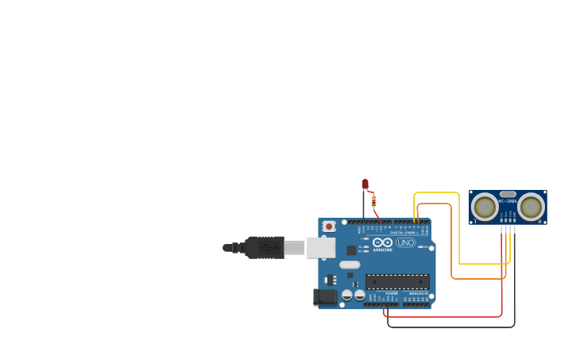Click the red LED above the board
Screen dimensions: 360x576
[365, 184]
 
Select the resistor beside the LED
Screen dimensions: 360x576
[373, 200]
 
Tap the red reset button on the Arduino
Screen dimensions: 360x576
[329, 226]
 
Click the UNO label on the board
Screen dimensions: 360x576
[406, 242]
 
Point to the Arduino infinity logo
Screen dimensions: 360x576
[383, 242]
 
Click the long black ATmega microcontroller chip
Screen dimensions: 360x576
[397, 281]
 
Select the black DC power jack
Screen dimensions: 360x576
[326, 297]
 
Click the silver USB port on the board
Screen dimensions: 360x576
[321, 248]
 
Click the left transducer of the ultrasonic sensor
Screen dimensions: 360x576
[485, 207]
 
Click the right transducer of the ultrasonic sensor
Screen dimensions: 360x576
[531, 207]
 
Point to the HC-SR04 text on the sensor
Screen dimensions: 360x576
[508, 201]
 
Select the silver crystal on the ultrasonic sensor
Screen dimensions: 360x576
[508, 194]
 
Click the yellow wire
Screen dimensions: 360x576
[460, 230]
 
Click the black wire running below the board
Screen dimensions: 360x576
[453, 327]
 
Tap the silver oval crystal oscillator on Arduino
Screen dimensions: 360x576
[350, 265]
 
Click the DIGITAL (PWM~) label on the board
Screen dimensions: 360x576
[404, 232]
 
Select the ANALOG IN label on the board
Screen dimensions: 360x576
[417, 293]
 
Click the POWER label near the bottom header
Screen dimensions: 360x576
[392, 293]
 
